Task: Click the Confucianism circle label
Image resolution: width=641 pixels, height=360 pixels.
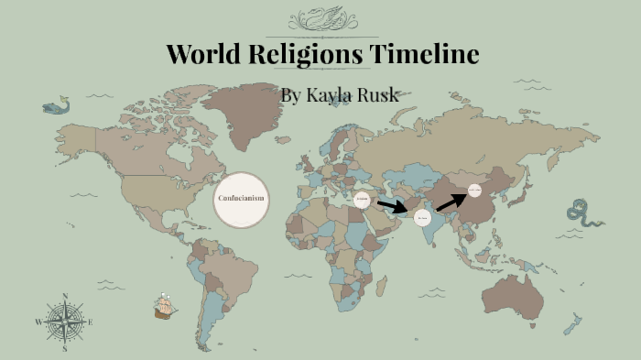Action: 241,199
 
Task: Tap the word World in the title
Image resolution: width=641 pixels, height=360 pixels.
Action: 202,55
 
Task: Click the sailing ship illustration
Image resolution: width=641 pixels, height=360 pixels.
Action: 165,306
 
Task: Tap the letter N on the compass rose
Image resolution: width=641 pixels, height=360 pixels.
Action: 65,296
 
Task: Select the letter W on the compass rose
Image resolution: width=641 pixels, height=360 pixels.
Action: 38,322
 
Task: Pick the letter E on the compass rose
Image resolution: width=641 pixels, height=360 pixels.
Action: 91,322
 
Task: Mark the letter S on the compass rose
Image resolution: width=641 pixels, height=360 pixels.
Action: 65,348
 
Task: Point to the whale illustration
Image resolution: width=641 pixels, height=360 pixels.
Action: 56,107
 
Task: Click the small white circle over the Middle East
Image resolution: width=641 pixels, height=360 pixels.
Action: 363,199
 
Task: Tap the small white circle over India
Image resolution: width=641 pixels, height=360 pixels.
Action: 422,218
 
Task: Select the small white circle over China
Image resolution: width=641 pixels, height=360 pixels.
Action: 474,191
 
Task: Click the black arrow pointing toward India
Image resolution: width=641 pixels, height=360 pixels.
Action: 391,206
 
